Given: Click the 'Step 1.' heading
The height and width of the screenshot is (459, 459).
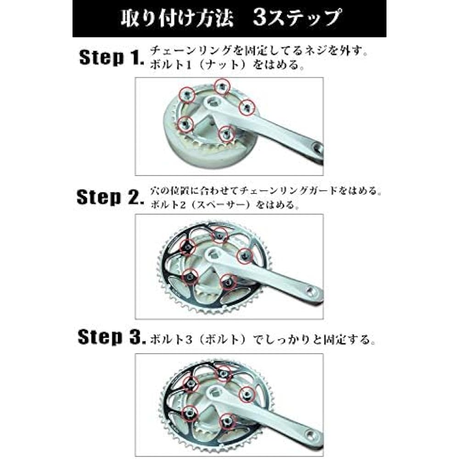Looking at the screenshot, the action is [112, 57].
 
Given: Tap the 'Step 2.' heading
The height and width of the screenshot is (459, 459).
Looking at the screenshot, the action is [110, 197].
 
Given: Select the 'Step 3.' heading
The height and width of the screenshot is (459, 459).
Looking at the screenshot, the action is [112, 337].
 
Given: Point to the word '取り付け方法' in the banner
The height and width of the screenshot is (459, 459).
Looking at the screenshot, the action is [177, 18].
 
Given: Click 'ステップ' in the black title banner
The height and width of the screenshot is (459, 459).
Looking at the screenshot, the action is [305, 18].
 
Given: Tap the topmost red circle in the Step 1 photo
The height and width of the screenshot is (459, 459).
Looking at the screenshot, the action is [222, 87].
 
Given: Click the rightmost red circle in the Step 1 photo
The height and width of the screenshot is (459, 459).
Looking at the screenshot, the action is [247, 107].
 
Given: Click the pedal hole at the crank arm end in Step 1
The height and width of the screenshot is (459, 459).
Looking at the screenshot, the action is [318, 148].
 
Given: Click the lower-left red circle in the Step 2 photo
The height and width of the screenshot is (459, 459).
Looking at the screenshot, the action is [190, 276].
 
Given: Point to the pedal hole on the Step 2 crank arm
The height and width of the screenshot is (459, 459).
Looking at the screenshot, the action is [311, 291].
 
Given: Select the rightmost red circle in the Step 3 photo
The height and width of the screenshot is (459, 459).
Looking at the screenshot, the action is [247, 394].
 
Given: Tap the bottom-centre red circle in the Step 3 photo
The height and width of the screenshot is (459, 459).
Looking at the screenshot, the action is [227, 422].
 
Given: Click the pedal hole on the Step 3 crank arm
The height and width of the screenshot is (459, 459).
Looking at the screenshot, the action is [312, 433].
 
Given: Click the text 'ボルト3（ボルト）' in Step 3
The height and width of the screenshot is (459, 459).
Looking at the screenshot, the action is [201, 340].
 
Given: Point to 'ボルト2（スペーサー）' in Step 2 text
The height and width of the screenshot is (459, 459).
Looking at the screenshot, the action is [201, 204].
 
